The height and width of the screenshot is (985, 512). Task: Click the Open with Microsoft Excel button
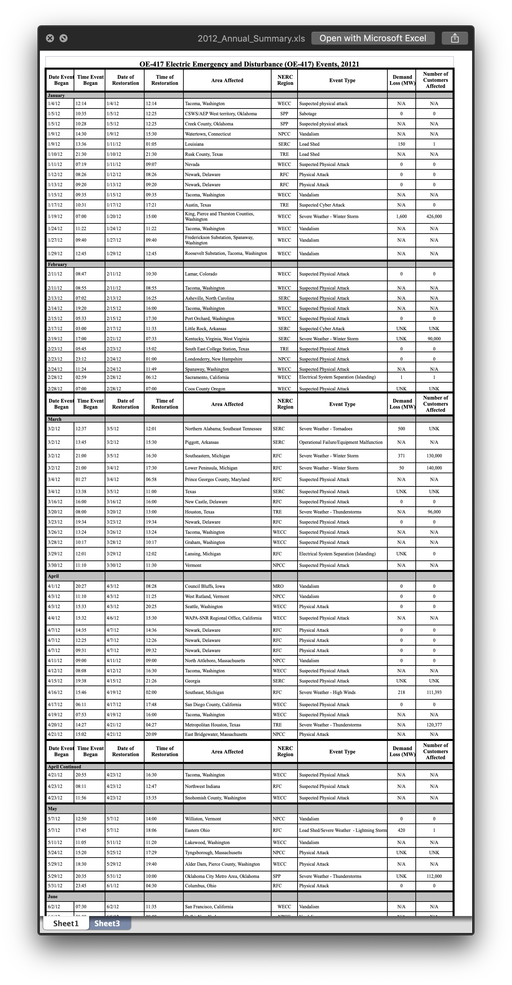373,38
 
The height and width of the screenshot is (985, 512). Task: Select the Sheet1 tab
66,923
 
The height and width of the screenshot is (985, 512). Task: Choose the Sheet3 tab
107,923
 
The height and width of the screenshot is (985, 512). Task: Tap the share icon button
455,38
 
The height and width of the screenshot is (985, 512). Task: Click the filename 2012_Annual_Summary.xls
251,39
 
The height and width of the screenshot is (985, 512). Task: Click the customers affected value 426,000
434,216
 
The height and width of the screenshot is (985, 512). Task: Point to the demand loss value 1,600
401,216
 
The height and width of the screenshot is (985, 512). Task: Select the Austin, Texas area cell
198,205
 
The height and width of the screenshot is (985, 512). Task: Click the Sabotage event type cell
308,114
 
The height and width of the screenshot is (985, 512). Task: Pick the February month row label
57,265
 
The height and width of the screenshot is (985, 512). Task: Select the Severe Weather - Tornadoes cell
326,429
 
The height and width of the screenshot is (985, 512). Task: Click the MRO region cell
278,586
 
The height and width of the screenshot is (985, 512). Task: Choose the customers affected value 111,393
434,693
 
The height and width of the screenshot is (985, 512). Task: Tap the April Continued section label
64,767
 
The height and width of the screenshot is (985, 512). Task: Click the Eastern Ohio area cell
197,830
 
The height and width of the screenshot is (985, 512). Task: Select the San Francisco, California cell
209,907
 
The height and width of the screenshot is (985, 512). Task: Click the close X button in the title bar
50,38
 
